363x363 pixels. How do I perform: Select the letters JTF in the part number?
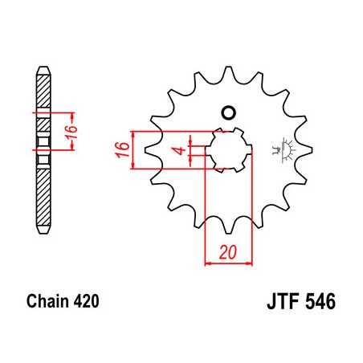click(x=283, y=304)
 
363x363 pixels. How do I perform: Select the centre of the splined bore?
click(x=229, y=149)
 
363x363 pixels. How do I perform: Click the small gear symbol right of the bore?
click(x=283, y=149)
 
